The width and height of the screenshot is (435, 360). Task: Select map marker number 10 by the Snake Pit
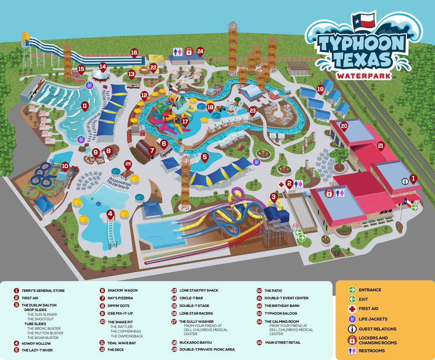(x=65, y=167)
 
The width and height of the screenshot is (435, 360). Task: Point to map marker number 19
(x=320, y=89)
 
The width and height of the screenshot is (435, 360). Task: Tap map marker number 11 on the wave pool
(x=84, y=106)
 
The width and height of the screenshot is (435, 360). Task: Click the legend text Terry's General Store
(x=43, y=290)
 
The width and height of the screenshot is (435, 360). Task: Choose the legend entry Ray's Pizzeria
(x=120, y=298)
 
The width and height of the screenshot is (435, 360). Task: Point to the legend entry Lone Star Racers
(x=196, y=313)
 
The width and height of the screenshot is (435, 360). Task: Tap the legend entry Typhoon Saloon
(x=281, y=313)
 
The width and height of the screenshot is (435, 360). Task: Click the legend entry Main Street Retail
(x=283, y=342)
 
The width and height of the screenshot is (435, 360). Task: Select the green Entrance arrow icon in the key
(x=351, y=290)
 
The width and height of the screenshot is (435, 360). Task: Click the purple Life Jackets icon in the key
(x=351, y=319)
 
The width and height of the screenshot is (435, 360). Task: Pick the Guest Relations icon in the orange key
(x=351, y=329)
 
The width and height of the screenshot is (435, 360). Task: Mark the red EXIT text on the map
(x=297, y=225)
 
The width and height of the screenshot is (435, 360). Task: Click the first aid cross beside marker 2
(x=281, y=184)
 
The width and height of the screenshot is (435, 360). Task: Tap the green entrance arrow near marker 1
(x=415, y=208)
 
